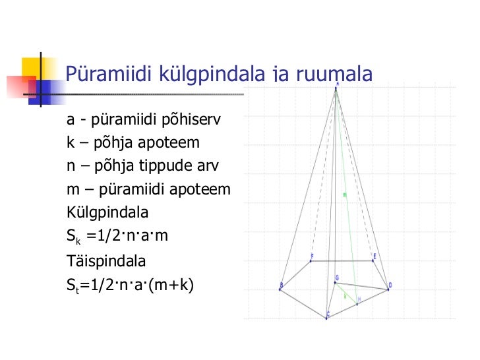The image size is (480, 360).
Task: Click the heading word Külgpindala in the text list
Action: click(107, 213)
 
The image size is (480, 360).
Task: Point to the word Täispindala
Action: click(106, 260)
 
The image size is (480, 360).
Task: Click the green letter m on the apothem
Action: click(345, 195)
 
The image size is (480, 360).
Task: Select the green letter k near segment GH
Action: click(345, 296)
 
